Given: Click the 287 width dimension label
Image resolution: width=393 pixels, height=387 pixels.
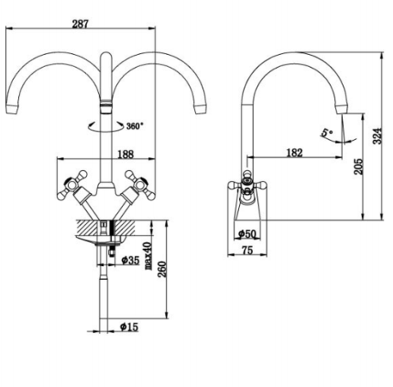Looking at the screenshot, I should [x=80, y=24].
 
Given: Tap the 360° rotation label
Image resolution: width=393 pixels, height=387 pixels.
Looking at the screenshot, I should [x=135, y=126].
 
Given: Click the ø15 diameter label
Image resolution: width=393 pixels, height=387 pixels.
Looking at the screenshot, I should [x=129, y=327].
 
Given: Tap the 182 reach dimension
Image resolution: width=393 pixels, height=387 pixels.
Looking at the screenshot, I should [x=295, y=151].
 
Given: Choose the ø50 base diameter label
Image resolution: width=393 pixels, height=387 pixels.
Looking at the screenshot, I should [x=248, y=236].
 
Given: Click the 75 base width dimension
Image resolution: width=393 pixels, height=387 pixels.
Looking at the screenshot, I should [x=247, y=252].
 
